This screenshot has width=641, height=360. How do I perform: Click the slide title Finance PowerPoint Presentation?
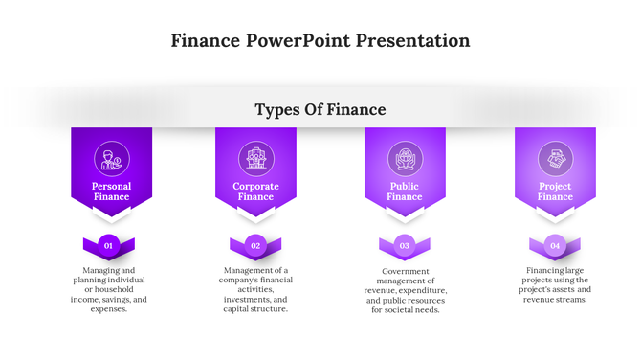(320, 41)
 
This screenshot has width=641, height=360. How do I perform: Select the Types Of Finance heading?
(320, 110)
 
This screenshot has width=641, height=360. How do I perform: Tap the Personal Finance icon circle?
(111, 158)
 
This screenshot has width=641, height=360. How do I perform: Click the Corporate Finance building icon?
(255, 158)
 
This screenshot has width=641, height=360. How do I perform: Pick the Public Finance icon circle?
(405, 158)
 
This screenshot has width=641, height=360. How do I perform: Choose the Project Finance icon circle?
(555, 158)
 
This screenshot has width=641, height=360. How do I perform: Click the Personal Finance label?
(111, 191)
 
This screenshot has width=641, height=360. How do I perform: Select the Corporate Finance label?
(255, 191)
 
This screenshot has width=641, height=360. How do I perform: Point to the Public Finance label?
(405, 191)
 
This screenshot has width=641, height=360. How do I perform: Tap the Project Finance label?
(555, 191)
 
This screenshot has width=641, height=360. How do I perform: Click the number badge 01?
(109, 246)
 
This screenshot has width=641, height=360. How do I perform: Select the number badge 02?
(255, 246)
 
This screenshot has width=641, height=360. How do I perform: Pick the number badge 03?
(405, 246)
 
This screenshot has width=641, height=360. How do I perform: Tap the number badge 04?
(555, 246)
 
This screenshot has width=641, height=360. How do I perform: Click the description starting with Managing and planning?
(109, 289)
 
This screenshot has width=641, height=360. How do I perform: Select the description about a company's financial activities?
(255, 289)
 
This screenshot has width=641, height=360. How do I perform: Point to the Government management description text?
(405, 290)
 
